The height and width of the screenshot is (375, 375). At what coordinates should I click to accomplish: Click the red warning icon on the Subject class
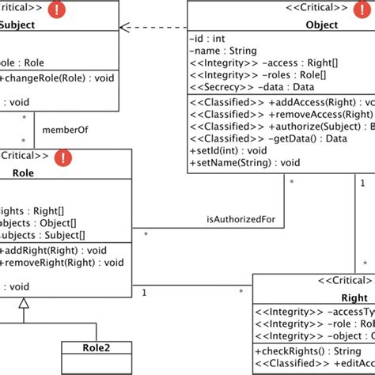coord(58,9)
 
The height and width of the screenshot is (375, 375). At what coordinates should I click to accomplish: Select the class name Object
coord(321,25)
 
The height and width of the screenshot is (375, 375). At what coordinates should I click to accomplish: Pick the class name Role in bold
coord(23,172)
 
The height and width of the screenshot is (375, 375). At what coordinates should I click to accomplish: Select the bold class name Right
coord(354,298)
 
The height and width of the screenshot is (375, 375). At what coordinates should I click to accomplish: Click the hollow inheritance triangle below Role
coord(24,304)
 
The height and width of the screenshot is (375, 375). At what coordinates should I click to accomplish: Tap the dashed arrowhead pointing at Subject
coord(125,28)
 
